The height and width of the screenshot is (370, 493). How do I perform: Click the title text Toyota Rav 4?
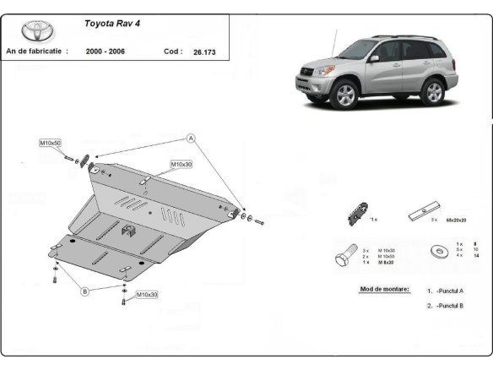point(113,23)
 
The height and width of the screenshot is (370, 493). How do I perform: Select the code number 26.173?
point(203,52)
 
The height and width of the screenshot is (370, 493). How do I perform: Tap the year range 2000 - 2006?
point(107,52)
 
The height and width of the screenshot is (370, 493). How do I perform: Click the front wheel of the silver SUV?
point(344,95)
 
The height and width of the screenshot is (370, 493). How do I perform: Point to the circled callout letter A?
point(192,138)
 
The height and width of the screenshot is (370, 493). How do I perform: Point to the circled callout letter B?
point(84,292)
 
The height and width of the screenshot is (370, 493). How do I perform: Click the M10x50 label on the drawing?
point(50,144)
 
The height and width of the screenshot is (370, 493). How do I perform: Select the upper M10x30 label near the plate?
point(181,164)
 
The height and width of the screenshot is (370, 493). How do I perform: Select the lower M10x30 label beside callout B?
point(147,295)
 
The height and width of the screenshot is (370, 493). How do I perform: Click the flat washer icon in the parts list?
point(440,251)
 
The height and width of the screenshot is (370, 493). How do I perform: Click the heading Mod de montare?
point(385,290)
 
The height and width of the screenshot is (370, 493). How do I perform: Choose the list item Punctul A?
point(449,291)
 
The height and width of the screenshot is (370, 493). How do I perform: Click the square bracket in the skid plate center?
point(127,230)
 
